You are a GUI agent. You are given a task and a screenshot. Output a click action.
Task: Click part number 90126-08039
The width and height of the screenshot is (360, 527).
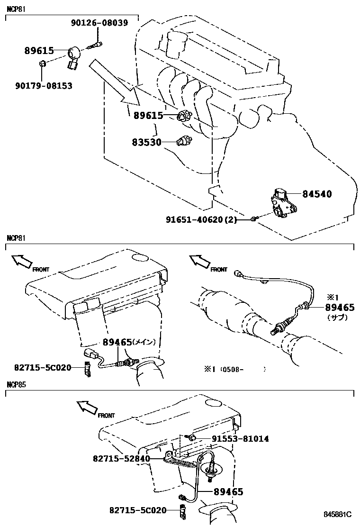click(99, 23)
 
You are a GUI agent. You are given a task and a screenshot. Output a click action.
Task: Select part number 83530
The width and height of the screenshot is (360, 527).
click(147, 142)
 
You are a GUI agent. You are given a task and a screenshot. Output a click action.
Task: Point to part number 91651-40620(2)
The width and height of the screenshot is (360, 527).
click(201, 219)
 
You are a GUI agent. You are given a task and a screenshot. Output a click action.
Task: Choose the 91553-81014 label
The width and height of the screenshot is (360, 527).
click(234, 439)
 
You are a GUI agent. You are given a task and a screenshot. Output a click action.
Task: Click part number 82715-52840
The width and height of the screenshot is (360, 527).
click(121, 458)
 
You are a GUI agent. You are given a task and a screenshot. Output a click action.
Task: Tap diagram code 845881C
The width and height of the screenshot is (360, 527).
click(337, 514)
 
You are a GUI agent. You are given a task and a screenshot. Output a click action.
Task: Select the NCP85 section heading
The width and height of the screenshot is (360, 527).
click(16, 384)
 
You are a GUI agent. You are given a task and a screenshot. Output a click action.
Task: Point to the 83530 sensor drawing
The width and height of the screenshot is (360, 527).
click(182, 141)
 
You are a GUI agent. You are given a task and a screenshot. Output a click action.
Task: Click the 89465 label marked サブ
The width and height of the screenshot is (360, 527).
click(339, 308)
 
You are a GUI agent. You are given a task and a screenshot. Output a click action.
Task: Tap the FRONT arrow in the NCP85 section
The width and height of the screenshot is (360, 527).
click(87, 407)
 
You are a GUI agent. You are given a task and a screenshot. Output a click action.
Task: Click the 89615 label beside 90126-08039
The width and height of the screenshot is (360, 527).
click(39, 51)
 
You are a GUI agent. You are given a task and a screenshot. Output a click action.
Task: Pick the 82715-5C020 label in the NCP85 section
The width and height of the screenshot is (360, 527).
click(138, 510)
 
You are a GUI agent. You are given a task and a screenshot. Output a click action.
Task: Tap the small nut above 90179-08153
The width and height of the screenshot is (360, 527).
click(42, 64)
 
